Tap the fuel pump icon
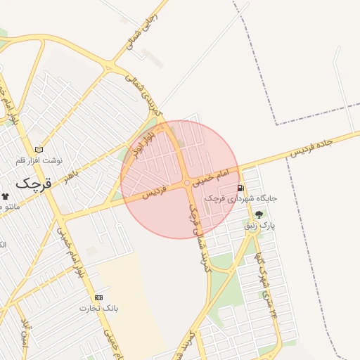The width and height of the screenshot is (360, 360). tap(241, 188)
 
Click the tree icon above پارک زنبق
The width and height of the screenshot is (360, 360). tap(259, 214)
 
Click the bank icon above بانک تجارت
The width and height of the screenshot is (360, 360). tap(98, 297)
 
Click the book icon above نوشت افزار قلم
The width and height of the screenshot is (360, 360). tap(39, 149)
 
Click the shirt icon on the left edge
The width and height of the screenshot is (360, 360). tap(6, 196)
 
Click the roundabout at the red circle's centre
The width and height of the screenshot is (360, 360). tap(187, 184)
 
